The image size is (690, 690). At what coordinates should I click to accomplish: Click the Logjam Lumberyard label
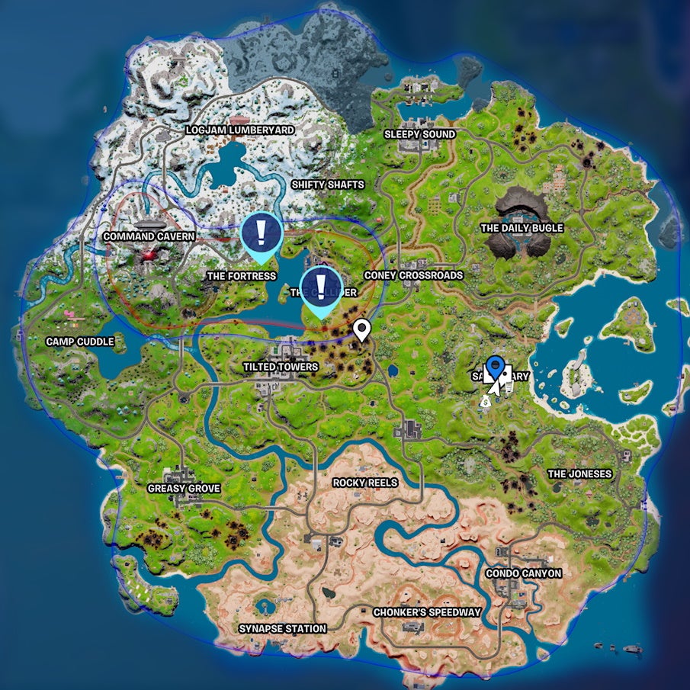pos(240,130)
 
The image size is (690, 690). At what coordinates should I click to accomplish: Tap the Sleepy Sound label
pos(419,134)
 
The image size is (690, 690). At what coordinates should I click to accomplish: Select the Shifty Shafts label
pos(328,185)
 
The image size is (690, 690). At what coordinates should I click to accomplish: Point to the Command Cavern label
pos(149,236)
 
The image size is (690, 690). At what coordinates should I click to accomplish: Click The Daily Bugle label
pos(522,228)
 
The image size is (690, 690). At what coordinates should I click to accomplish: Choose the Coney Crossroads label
pos(413,275)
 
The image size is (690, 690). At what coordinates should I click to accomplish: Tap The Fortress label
pos(242,275)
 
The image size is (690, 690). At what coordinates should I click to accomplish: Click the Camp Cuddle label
pos(80,342)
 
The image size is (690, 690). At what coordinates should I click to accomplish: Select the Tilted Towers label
pos(281,367)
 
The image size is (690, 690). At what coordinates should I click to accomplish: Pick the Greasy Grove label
pos(184,488)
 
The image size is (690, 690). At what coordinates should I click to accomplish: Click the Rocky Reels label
pos(366,483)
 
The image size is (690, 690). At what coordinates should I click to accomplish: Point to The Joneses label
pos(579,473)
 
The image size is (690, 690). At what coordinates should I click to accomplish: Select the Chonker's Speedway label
pos(427,612)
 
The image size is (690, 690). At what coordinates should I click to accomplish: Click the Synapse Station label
pos(282,629)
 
